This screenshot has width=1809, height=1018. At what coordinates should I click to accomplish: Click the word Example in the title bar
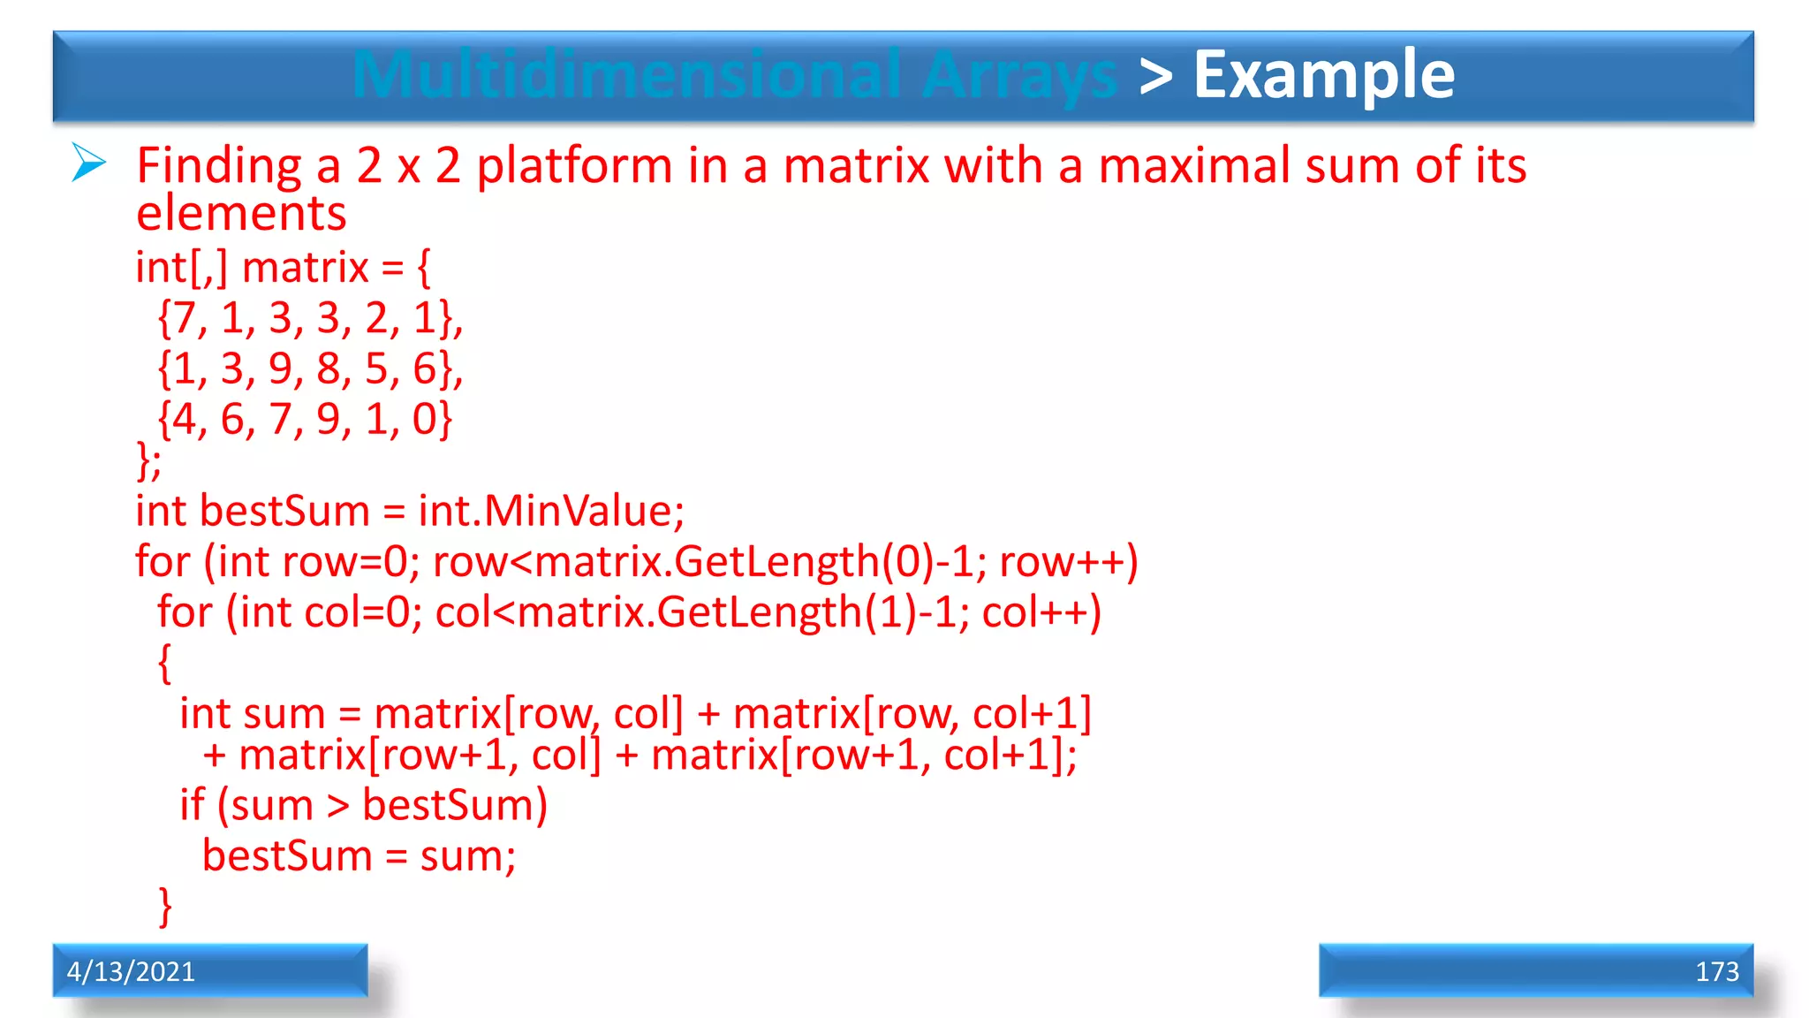click(1323, 76)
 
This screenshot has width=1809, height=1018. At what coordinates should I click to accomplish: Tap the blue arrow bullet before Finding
click(89, 163)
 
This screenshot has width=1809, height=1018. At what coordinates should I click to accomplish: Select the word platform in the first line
click(574, 167)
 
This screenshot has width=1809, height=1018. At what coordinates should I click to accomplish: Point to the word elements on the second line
click(241, 215)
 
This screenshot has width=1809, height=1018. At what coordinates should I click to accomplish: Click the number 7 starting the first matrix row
click(184, 318)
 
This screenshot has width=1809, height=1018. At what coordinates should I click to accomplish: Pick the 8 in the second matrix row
click(329, 368)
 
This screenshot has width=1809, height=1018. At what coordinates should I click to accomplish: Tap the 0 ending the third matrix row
click(424, 419)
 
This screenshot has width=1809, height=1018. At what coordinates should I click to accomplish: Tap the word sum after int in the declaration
click(276, 715)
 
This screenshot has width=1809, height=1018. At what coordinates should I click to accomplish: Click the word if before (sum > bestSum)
click(192, 805)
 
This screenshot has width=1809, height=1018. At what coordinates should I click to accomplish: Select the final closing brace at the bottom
click(165, 907)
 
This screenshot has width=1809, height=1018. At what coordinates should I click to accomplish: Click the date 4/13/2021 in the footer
click(131, 972)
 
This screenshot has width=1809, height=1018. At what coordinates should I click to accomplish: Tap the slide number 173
click(1716, 972)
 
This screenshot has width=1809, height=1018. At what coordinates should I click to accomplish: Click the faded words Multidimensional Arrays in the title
click(735, 76)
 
